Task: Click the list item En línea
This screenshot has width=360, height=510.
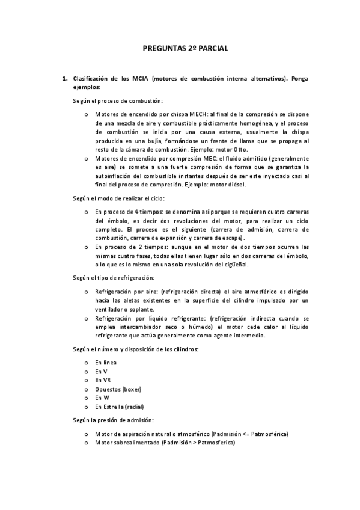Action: (x=106, y=363)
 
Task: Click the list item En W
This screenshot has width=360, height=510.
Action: (x=102, y=398)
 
